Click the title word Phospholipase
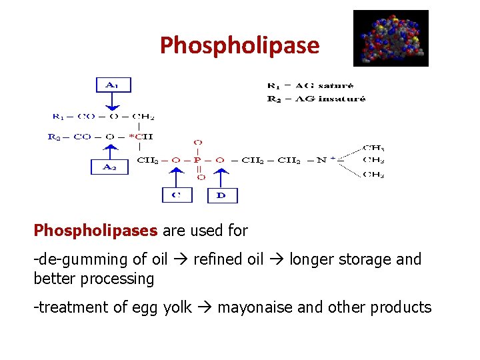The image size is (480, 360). point(239,45)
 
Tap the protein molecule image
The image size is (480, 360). point(391,38)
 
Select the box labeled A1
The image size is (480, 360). point(112,85)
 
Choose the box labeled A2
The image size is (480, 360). point(108,167)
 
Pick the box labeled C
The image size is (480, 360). point(177,195)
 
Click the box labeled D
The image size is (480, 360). point(222,195)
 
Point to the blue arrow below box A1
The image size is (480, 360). point(113,102)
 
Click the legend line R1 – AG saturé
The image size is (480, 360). point(310,85)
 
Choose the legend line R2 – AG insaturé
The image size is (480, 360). point(316,99)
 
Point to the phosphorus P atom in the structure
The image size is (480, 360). point(198,160)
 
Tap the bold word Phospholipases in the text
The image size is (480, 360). point(95,231)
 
